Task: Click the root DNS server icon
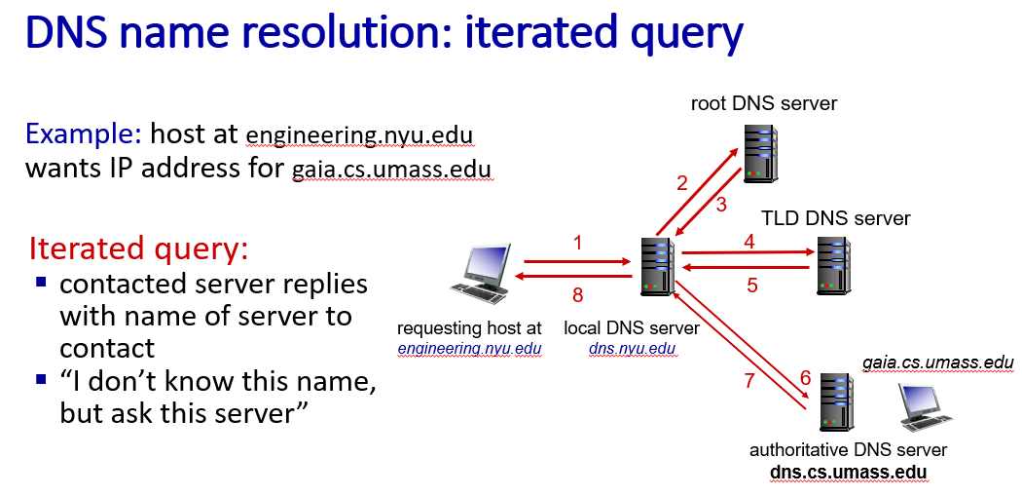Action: [x=761, y=152]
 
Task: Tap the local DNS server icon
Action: [x=657, y=266]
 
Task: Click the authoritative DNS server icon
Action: [x=837, y=402]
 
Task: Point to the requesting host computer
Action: [x=481, y=274]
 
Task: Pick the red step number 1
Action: [x=577, y=244]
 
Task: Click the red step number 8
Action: [x=577, y=295]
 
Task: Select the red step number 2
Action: [x=682, y=183]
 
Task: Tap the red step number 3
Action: [x=721, y=205]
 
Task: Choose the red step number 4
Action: [x=749, y=242]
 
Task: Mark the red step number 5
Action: [x=752, y=286]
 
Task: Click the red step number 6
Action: [x=806, y=378]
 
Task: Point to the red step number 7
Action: [x=748, y=380]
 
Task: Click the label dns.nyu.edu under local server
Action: [x=633, y=349]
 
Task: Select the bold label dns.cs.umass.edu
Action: [x=849, y=473]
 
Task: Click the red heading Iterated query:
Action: [x=139, y=248]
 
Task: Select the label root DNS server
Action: [x=764, y=103]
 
